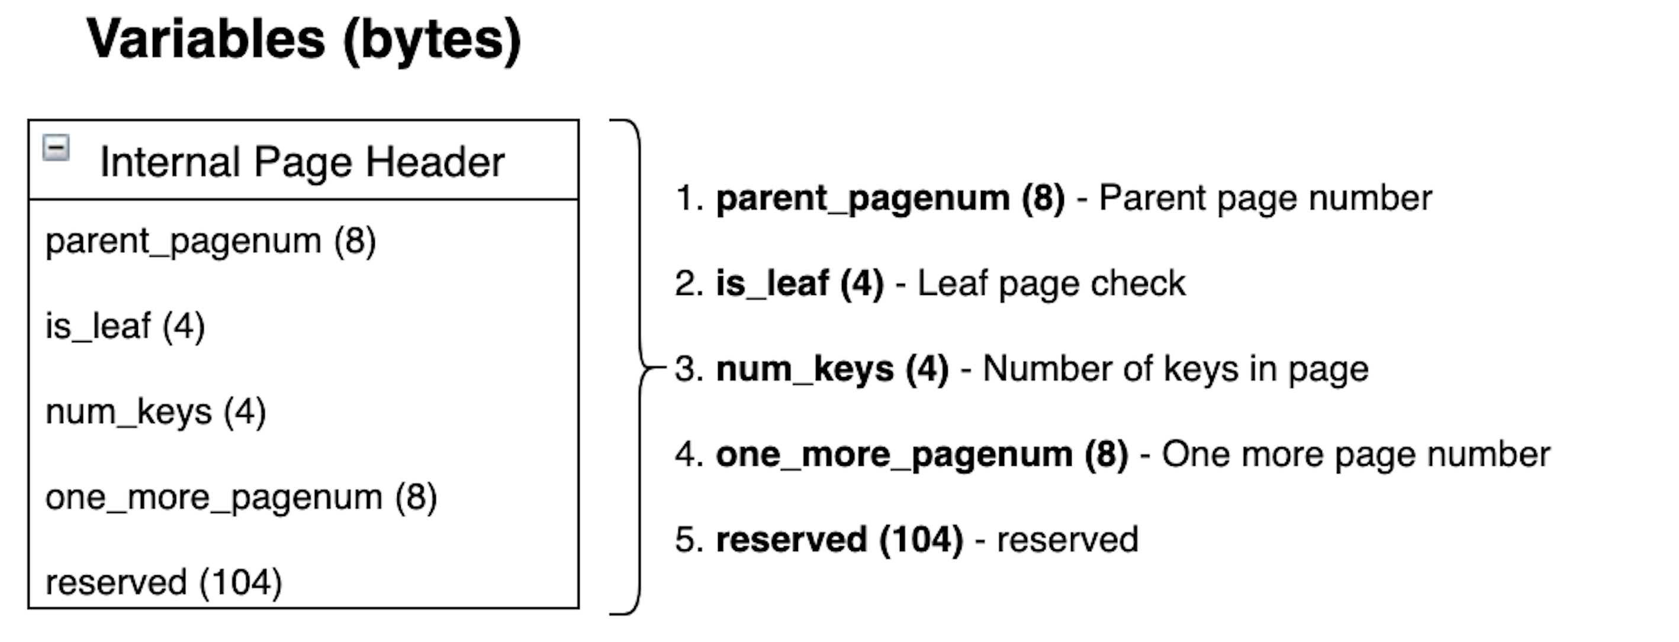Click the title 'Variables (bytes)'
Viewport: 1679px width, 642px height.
[x=304, y=40]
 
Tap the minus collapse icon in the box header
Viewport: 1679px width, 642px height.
[x=56, y=148]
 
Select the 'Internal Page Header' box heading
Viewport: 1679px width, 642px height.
[x=302, y=162]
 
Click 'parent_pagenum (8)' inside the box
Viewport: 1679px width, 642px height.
[x=211, y=242]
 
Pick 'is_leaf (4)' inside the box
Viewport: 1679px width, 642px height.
[x=125, y=326]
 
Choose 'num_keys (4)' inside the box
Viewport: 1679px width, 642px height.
[x=156, y=411]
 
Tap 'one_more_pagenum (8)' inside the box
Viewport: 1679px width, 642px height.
[x=241, y=497]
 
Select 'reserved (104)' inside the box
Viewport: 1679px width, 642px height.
[x=163, y=582]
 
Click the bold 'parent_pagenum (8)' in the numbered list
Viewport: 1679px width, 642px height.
[x=890, y=198]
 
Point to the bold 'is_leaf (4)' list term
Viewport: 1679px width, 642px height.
[x=800, y=283]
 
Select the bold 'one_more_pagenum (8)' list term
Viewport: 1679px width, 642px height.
[x=922, y=455]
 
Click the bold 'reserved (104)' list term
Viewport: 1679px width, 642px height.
[x=839, y=540]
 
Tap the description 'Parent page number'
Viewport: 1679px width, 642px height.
[x=1265, y=198]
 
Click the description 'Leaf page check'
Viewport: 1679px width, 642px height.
[x=1051, y=284]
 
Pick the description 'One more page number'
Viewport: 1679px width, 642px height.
[x=1356, y=455]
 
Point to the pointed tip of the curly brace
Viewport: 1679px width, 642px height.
[x=666, y=368]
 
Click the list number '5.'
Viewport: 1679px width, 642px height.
[x=690, y=540]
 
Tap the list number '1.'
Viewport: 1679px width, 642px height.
[x=690, y=198]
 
